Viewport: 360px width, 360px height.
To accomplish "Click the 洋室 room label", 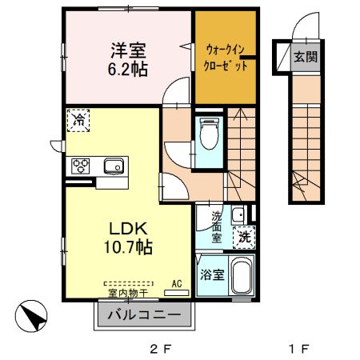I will (x=127, y=50).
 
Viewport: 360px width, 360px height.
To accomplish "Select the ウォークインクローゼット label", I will (x=225, y=54).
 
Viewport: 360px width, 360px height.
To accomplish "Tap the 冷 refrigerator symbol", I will (x=78, y=120).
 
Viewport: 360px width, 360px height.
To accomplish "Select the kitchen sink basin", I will (x=112, y=166).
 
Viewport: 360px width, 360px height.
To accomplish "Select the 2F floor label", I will (x=160, y=349).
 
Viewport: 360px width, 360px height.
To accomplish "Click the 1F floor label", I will (x=298, y=349).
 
